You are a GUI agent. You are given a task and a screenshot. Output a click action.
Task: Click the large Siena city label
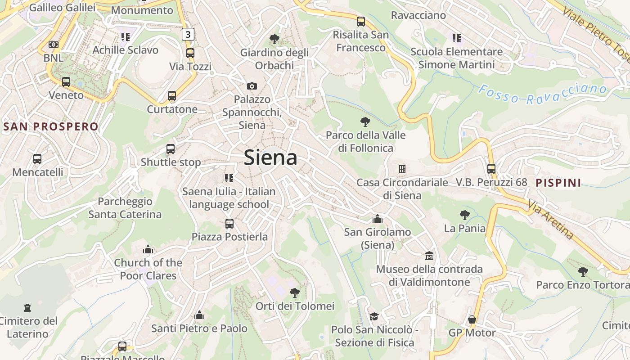click(x=270, y=157)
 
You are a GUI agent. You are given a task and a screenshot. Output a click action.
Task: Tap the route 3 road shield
click(x=188, y=34)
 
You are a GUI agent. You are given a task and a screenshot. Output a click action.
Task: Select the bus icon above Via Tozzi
click(x=190, y=53)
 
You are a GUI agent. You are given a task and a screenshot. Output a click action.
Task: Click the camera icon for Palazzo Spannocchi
click(x=252, y=86)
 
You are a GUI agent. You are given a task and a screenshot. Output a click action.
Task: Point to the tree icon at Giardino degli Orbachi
click(x=274, y=39)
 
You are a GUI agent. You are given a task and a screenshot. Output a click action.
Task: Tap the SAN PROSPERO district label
click(x=50, y=126)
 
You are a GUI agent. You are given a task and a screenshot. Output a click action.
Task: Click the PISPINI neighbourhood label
click(x=558, y=183)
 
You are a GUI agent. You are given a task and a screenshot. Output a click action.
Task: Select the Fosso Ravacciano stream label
click(x=542, y=94)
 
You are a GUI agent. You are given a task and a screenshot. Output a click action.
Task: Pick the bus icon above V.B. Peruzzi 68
click(x=491, y=169)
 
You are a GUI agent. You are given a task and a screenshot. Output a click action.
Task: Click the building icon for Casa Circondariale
click(x=402, y=169)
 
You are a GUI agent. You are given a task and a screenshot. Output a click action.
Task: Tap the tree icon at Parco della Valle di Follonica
click(x=365, y=121)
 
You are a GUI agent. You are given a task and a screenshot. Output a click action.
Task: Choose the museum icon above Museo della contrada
click(x=429, y=256)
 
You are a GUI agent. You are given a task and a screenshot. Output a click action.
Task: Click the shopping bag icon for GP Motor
click(x=472, y=319)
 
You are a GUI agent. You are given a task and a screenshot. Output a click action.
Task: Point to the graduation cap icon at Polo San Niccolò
click(x=374, y=316)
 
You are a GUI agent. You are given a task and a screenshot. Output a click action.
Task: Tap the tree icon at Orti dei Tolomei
click(x=295, y=293)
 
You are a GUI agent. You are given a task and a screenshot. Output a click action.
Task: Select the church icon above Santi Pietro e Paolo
click(x=199, y=315)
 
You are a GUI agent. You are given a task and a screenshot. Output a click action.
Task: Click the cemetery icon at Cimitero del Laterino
click(x=28, y=308)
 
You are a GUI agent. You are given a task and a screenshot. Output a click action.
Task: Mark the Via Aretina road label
click(x=551, y=220)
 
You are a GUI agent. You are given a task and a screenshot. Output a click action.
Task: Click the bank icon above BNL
click(x=54, y=45)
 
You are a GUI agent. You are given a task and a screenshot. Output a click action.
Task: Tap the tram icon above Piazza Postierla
click(x=229, y=223)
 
